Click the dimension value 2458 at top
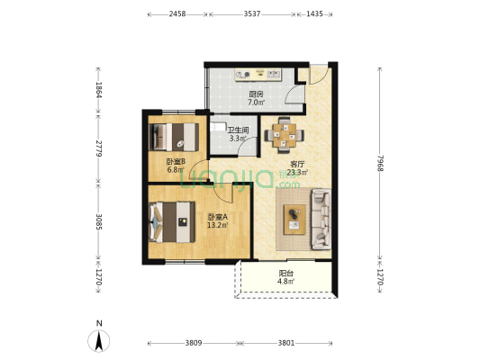(177, 14)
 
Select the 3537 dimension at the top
(252, 14)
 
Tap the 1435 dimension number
(314, 14)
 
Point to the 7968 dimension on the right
(380, 163)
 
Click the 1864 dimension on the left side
(98, 90)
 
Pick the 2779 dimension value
(98, 148)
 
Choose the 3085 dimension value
(98, 221)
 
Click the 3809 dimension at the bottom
(194, 343)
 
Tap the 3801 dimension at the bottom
(286, 343)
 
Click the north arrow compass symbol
(99, 341)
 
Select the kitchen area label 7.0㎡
(257, 103)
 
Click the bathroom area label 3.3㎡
(238, 139)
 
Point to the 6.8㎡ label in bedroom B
(176, 170)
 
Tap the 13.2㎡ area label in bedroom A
(218, 226)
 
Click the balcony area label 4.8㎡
(285, 282)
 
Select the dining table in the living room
(285, 135)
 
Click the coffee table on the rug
(294, 220)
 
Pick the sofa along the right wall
(321, 219)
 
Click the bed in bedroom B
(174, 137)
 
